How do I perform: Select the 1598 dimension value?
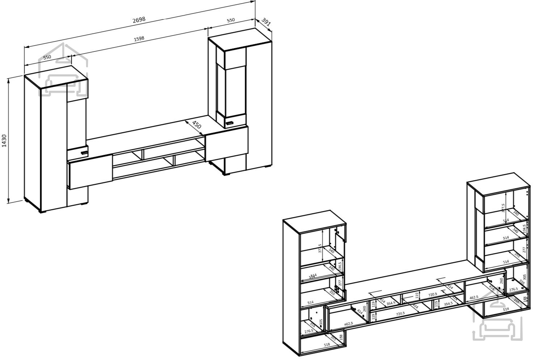[x=139, y=39]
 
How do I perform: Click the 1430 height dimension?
[x=4, y=140]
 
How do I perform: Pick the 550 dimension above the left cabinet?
[x=47, y=57]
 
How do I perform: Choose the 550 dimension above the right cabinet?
[x=231, y=21]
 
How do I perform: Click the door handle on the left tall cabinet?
[x=84, y=152]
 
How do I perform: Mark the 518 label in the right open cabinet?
[x=506, y=309]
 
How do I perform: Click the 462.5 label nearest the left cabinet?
[x=348, y=324]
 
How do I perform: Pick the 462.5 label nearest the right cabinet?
[x=473, y=297]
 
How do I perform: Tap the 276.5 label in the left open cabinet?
[x=308, y=331]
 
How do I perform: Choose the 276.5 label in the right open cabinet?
[x=513, y=289]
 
